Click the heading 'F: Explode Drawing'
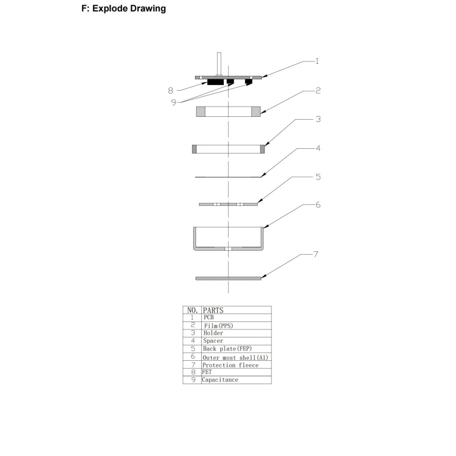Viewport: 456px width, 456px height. (124, 9)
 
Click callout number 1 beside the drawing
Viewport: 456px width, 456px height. (317, 61)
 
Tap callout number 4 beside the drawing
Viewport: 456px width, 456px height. (318, 148)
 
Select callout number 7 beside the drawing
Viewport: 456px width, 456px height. (316, 254)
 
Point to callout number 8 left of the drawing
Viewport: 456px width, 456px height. (170, 91)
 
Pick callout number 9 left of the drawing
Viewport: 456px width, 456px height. (174, 103)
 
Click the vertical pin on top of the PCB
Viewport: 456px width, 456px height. (219, 64)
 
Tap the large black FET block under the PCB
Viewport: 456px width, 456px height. (215, 82)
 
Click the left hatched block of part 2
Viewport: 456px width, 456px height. (201, 112)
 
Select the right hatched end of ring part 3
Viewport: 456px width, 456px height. (262, 149)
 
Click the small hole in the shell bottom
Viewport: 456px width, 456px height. (229, 249)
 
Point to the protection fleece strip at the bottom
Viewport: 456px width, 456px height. (229, 278)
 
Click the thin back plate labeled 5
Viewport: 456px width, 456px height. (229, 204)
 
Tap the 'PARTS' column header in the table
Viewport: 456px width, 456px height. (213, 310)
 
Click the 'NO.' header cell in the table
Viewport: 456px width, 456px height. (193, 310)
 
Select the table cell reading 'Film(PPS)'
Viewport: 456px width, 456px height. (218, 325)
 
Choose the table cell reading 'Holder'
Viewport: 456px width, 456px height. (213, 333)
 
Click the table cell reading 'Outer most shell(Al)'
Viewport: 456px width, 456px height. (235, 357)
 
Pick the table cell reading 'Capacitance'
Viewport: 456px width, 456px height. (220, 380)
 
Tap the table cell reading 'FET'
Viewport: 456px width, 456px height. (207, 372)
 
